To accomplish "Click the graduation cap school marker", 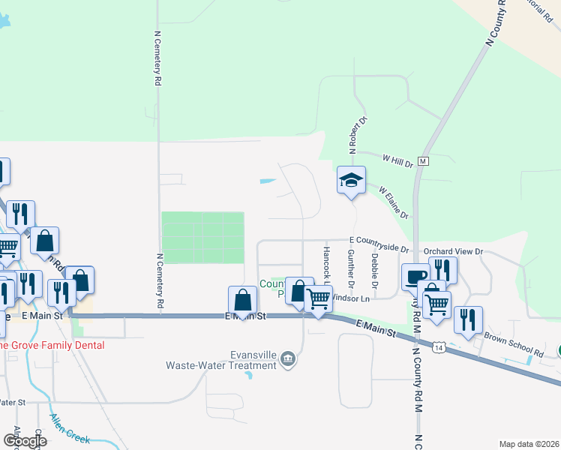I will (x=350, y=180).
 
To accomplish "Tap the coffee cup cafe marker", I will (x=415, y=277).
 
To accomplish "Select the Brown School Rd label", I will (x=513, y=345).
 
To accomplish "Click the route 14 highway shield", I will (x=439, y=346).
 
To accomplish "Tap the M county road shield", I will (x=423, y=161).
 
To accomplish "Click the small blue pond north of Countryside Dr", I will (x=266, y=181).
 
